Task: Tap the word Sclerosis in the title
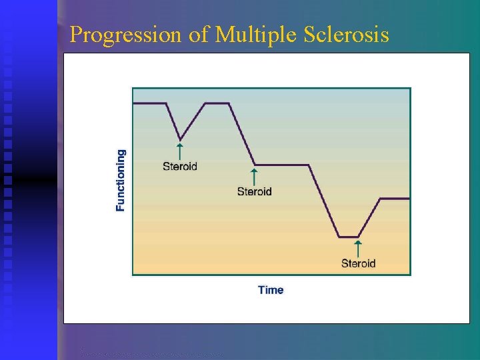tap(347, 35)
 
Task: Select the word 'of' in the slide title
tap(199, 35)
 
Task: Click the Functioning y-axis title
tap(121, 180)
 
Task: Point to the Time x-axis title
tap(271, 290)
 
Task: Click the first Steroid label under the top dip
tap(180, 166)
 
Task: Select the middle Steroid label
tap(255, 192)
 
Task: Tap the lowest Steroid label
tap(359, 263)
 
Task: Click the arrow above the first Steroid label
tap(180, 150)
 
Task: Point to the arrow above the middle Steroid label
tap(255, 177)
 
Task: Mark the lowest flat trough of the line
tap(349, 237)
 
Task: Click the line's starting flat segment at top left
tap(149, 103)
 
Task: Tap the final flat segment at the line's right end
tap(395, 198)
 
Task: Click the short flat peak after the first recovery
tap(217, 103)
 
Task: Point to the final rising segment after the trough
tap(369, 217)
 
